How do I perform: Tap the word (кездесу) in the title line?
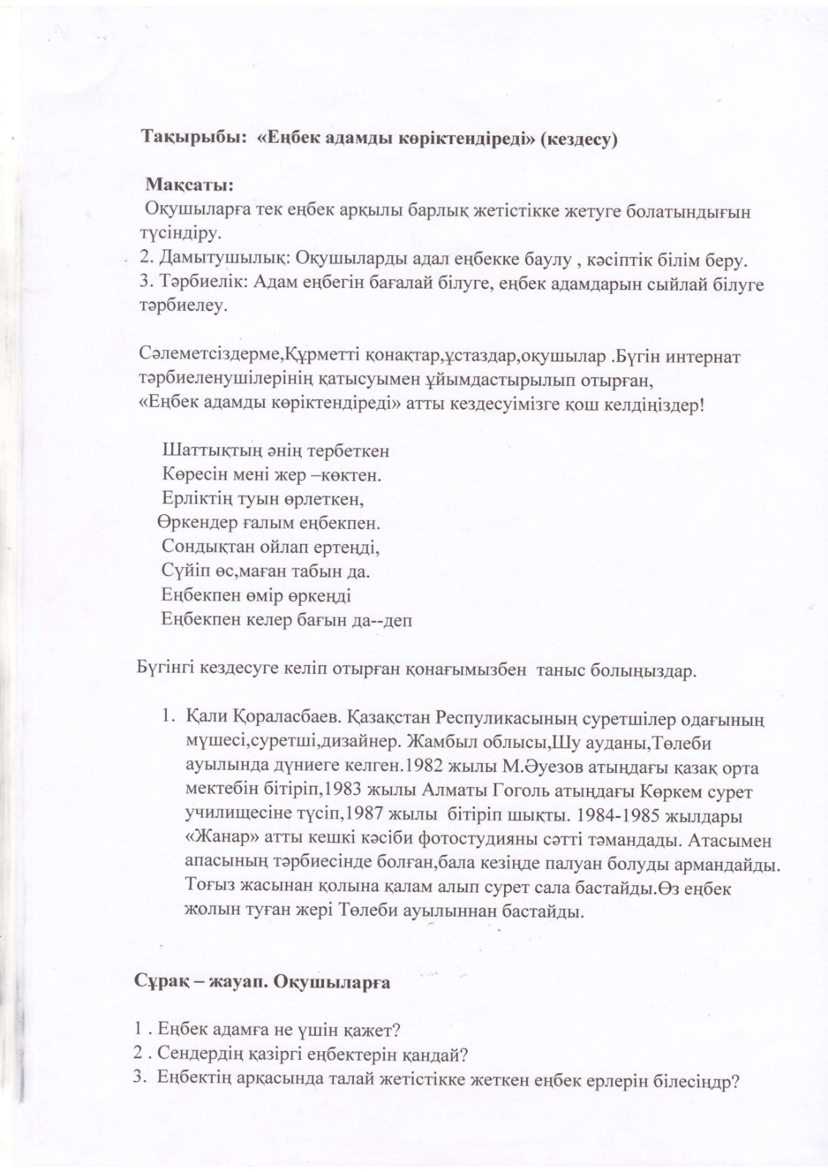[579, 140]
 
